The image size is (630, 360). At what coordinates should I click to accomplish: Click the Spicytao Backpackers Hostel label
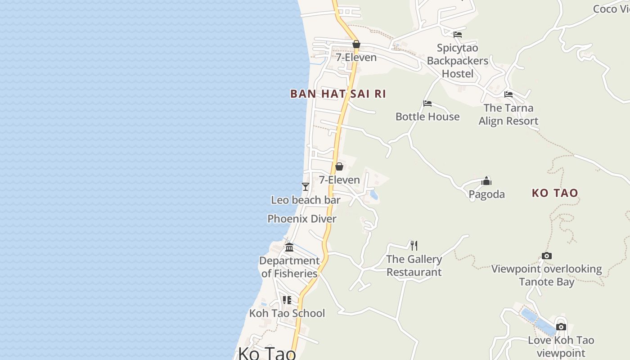pos(458,61)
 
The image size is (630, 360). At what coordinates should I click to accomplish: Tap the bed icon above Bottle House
pos(427,103)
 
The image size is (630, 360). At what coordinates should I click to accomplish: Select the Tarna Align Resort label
pos(508,114)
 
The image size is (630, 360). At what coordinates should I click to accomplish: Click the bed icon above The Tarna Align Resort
pos(508,94)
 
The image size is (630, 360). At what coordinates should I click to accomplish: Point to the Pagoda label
pos(486,194)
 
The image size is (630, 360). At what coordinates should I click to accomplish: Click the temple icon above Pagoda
pos(486,181)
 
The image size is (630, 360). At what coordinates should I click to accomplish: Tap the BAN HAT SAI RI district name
pos(338,94)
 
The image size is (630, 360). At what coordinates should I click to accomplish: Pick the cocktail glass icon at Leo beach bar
pos(306,186)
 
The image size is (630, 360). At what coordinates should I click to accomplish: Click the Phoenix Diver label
pos(302,219)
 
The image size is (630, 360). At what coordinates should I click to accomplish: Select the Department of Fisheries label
pos(289,267)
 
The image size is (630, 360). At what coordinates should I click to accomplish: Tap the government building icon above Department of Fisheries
pos(289,247)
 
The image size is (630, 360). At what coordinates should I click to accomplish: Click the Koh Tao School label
pos(287,313)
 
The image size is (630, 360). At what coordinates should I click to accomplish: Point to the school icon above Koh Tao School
pos(287,300)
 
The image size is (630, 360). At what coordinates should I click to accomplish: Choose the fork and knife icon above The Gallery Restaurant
pos(414,245)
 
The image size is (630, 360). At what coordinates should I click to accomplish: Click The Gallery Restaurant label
pos(414,265)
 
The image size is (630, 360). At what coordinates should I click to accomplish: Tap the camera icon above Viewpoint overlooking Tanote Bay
pos(547,256)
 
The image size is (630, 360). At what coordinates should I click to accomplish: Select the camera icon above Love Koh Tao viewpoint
pos(561,327)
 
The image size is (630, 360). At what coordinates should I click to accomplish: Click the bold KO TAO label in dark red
pos(555,193)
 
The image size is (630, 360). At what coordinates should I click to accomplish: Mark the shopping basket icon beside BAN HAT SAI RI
pos(356,44)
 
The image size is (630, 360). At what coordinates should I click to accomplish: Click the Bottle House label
pos(427,117)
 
